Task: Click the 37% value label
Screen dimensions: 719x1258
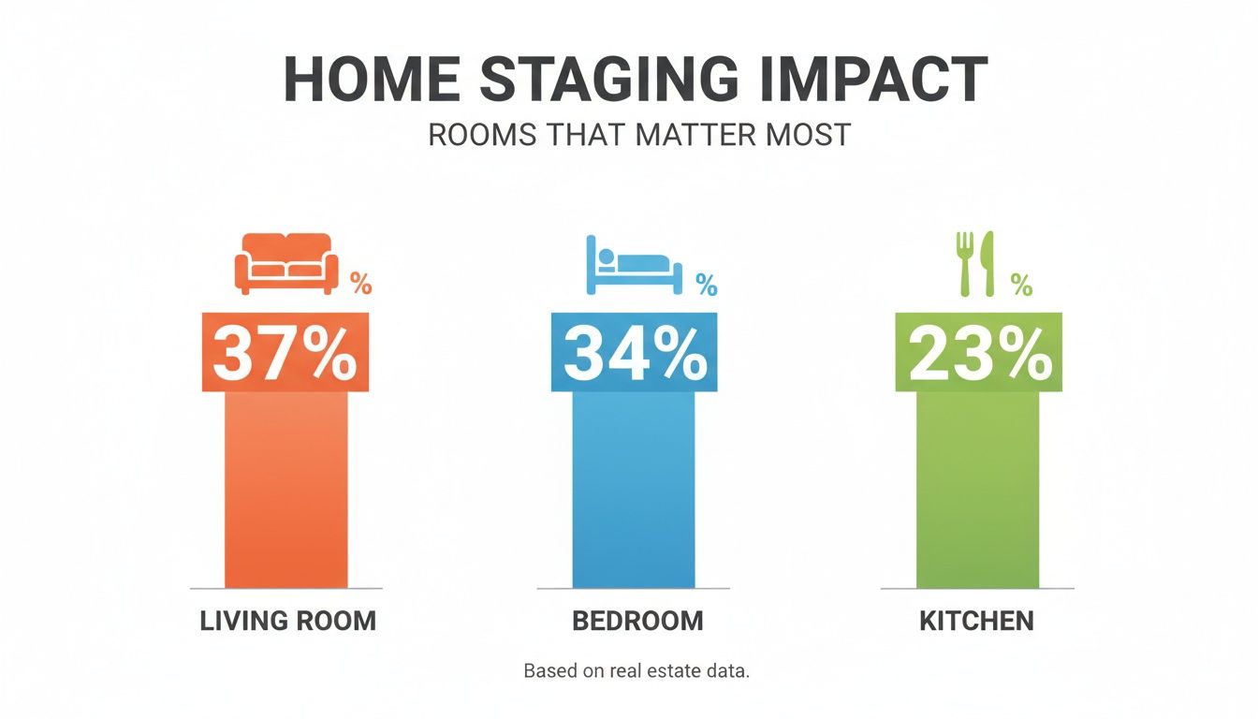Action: pyautogui.click(x=285, y=352)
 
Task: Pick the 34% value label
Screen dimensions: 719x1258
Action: pyautogui.click(x=635, y=352)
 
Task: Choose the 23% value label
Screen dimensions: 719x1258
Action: pyautogui.click(x=980, y=352)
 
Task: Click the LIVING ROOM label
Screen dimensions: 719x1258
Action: pyautogui.click(x=287, y=620)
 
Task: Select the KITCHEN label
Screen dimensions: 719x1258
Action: pyautogui.click(x=976, y=620)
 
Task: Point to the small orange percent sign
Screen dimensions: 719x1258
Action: pyautogui.click(x=361, y=284)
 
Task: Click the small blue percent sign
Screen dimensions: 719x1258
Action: pyautogui.click(x=706, y=284)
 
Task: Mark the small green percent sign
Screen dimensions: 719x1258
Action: pyautogui.click(x=1021, y=284)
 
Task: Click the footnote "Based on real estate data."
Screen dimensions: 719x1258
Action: pyautogui.click(x=636, y=671)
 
